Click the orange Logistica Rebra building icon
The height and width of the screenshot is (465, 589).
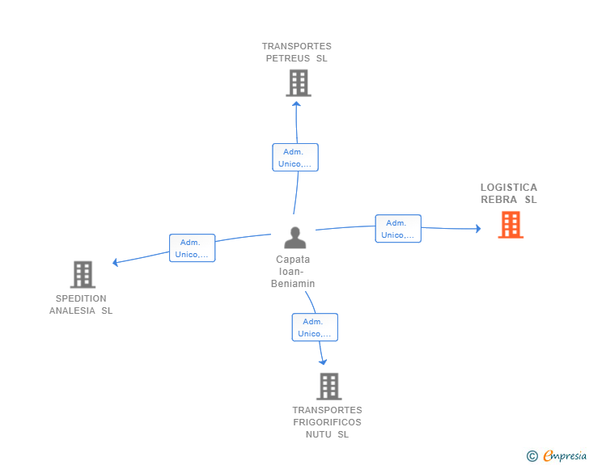[x=511, y=225]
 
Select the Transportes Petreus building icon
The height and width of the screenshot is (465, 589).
[x=299, y=83]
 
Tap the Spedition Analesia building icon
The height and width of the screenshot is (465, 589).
[x=83, y=275]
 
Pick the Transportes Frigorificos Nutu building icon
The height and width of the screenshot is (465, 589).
[x=329, y=386]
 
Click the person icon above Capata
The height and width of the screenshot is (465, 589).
[x=294, y=238]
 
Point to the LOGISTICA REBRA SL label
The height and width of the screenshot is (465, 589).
[x=509, y=193]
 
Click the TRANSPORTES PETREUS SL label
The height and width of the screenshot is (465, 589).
[x=297, y=53]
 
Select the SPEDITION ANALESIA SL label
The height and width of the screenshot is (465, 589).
[x=81, y=305]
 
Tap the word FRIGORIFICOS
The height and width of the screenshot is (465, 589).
[x=327, y=422]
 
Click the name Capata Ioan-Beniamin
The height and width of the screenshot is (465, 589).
[x=293, y=271]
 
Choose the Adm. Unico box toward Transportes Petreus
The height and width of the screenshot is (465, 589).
[x=295, y=158]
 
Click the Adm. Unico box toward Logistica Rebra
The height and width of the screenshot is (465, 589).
[x=398, y=228]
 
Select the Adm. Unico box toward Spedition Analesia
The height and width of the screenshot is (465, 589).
[x=193, y=248]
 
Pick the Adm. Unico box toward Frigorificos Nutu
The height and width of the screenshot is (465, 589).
[x=315, y=328]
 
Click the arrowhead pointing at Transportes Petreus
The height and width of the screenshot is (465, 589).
[x=296, y=104]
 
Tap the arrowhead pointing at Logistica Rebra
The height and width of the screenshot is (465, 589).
[x=478, y=228]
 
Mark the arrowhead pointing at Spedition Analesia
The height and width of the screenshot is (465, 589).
[x=116, y=262]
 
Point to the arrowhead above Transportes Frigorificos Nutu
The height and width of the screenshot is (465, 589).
[x=323, y=362]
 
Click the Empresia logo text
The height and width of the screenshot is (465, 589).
[x=565, y=456]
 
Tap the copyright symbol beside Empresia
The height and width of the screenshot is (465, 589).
[x=532, y=456]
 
